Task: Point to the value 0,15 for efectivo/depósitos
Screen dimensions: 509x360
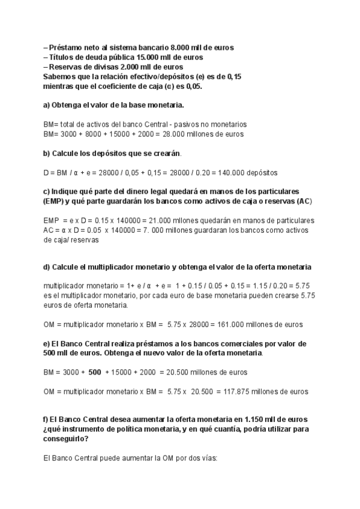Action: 234,77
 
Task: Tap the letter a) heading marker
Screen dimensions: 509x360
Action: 47,106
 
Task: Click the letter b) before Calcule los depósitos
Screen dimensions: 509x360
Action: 47,153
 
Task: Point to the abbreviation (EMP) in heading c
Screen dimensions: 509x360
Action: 55,200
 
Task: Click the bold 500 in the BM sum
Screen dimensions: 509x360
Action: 95,372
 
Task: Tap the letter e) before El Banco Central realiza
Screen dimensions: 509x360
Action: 47,344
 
